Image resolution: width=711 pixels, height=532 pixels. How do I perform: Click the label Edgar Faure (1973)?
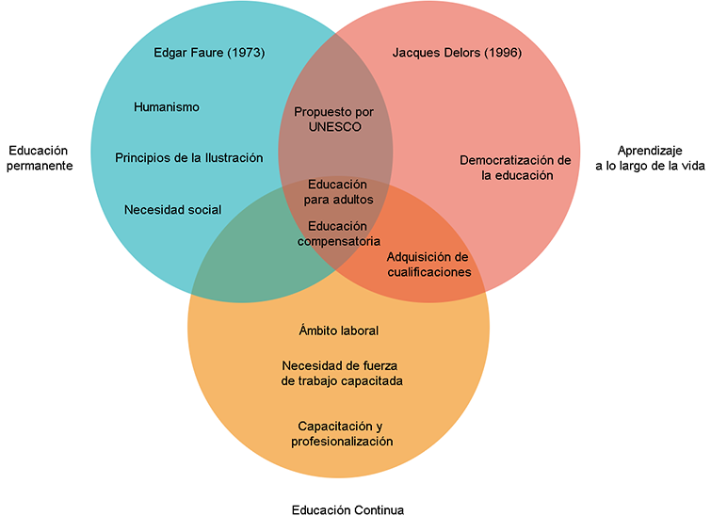point(209,53)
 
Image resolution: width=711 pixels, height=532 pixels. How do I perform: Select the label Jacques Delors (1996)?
point(457,53)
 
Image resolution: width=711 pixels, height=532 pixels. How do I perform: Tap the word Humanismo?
point(167,107)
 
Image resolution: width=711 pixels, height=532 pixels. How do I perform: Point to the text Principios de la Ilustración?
point(188,157)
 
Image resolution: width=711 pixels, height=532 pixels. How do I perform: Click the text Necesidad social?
point(172,209)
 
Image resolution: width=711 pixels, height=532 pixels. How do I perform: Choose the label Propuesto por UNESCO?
point(333,119)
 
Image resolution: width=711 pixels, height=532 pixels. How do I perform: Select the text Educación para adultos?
point(340,191)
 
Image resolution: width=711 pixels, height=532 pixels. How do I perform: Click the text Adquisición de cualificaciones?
point(428,264)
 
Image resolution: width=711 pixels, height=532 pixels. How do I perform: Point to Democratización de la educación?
point(515,167)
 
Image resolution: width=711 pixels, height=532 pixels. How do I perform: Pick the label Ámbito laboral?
point(338,330)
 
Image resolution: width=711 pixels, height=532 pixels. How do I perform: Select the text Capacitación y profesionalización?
point(338,433)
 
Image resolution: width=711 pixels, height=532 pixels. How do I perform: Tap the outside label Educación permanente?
point(40,157)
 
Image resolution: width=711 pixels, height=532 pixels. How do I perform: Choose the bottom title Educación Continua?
point(347,510)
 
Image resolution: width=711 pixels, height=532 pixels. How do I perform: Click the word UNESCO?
point(333,126)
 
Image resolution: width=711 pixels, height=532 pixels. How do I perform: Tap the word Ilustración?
point(230,157)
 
